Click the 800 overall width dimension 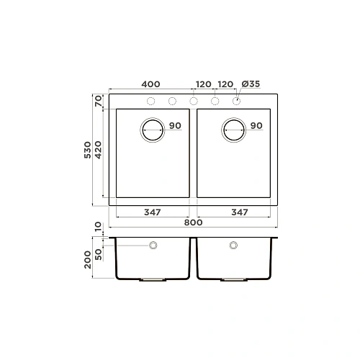tap(192, 222)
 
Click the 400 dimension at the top tap(151, 84)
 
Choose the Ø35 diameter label tap(250, 84)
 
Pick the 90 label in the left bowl tap(175, 126)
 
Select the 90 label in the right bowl tap(256, 126)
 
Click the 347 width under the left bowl tap(151, 212)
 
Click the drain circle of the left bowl tap(152, 129)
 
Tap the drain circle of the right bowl tap(234, 129)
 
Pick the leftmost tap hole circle tap(151, 101)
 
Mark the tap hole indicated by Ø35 tap(236, 101)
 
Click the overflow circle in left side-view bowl tap(153, 246)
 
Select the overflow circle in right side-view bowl tap(233, 246)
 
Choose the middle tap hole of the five tap(194, 101)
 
